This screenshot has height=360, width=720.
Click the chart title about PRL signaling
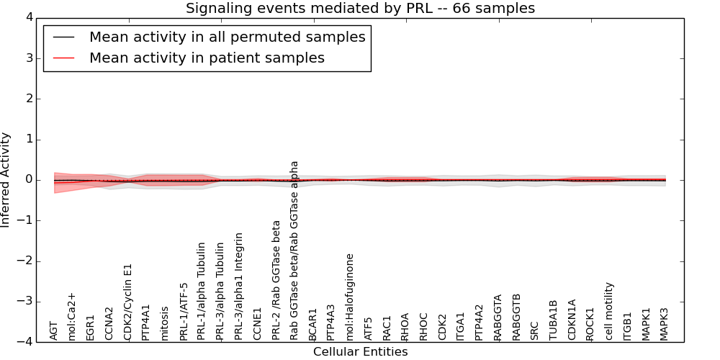(x=360, y=9)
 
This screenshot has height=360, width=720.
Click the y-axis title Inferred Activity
(x=6, y=180)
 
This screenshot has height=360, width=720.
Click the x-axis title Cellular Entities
(x=360, y=352)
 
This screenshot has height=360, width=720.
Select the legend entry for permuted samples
(x=227, y=37)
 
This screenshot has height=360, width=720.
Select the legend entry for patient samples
(x=207, y=58)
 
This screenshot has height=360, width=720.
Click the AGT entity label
(x=53, y=330)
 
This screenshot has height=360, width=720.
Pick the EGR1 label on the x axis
(x=91, y=327)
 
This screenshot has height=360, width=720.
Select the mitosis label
(x=165, y=323)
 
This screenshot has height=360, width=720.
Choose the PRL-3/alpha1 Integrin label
(x=239, y=287)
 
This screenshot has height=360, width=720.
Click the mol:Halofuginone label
(x=350, y=297)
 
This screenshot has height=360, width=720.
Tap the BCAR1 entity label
(x=313, y=324)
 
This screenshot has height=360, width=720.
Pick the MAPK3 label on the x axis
(x=665, y=323)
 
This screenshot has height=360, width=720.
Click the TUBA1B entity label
(x=554, y=320)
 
